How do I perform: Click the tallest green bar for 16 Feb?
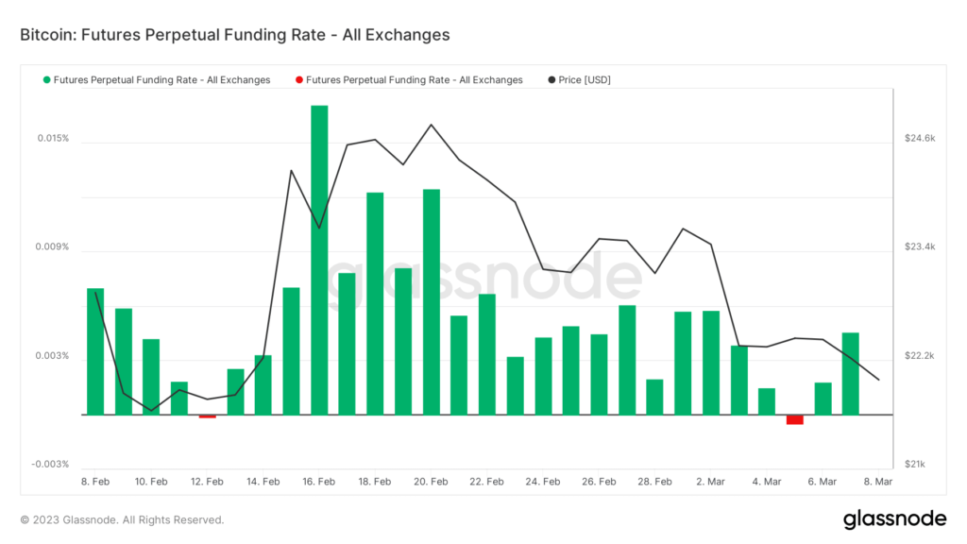pyautogui.click(x=319, y=260)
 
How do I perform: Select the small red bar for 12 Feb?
pyautogui.click(x=207, y=416)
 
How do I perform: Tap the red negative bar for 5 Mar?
pyautogui.click(x=794, y=419)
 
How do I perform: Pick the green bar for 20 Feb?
pyautogui.click(x=431, y=301)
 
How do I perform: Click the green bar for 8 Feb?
pyautogui.click(x=95, y=351)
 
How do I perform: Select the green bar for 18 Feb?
pyautogui.click(x=375, y=303)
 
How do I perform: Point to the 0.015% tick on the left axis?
pyautogui.click(x=53, y=139)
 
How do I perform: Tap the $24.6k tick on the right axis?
pyautogui.click(x=919, y=139)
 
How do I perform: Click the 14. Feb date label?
pyautogui.click(x=263, y=482)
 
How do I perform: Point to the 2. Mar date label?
pyautogui.click(x=711, y=482)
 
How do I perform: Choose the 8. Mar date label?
pyautogui.click(x=878, y=482)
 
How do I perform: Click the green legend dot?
pyautogui.click(x=47, y=80)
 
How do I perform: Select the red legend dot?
pyautogui.click(x=299, y=80)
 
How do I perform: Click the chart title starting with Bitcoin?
pyautogui.click(x=234, y=35)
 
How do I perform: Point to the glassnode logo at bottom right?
pyautogui.click(x=894, y=518)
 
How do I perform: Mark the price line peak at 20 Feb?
pyautogui.click(x=431, y=125)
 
